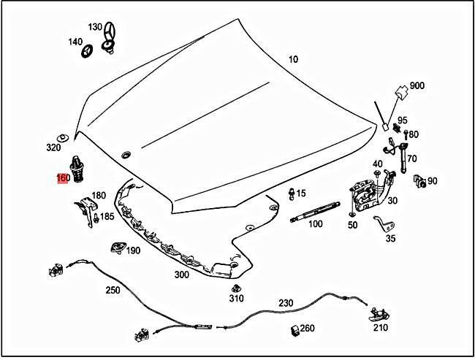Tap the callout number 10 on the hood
(x=293, y=59)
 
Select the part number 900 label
(x=417, y=85)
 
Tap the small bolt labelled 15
(x=292, y=194)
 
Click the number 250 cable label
(x=113, y=290)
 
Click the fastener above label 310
(x=236, y=286)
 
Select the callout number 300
(x=181, y=275)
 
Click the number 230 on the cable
(x=285, y=302)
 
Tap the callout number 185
(x=107, y=216)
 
